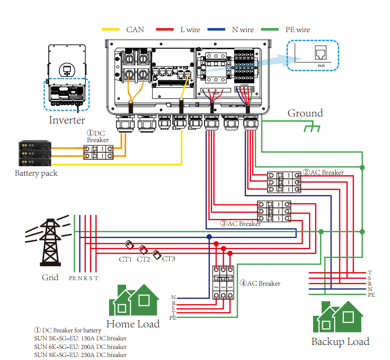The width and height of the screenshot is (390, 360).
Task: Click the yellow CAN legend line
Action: coord(111,30)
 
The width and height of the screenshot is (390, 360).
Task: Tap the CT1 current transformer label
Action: coord(125,259)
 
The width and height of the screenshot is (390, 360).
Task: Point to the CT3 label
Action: coord(168,259)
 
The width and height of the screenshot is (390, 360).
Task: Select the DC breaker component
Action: coord(98,153)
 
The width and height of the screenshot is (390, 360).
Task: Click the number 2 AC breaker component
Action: coord(283,182)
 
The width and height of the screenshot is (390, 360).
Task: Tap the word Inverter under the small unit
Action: coord(67,120)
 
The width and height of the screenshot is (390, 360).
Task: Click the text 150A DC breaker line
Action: coord(80,338)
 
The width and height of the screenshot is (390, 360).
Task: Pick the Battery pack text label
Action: coord(36,173)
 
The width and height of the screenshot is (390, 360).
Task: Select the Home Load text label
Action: coord(133,324)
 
